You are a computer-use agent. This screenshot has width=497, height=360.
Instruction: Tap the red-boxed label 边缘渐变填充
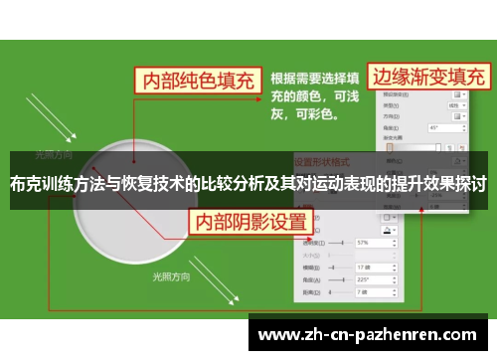[x=428, y=77]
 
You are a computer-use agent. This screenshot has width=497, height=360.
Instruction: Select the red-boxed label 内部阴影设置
[x=249, y=220]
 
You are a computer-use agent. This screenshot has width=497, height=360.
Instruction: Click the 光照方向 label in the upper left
[x=54, y=155]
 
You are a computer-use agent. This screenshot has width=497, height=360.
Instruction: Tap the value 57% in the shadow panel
[x=363, y=242]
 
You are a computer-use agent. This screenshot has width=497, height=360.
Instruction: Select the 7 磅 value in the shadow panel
[x=363, y=292]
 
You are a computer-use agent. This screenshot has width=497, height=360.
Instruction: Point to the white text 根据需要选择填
[x=316, y=78]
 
